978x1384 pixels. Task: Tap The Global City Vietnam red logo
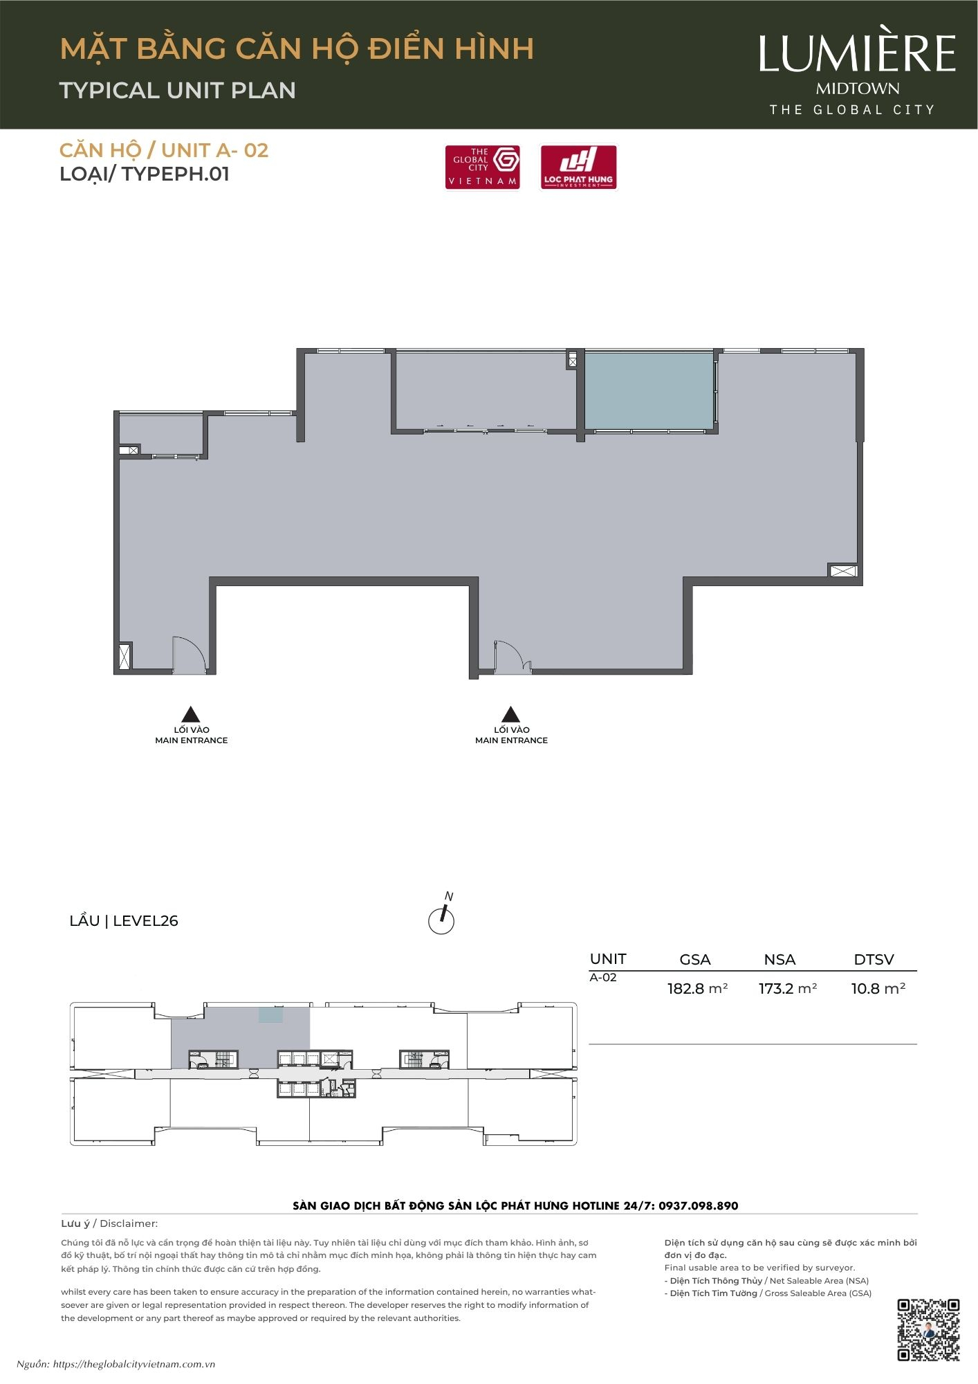(x=483, y=167)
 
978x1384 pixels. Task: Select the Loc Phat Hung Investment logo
(x=578, y=167)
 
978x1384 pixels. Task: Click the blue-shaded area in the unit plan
(x=649, y=391)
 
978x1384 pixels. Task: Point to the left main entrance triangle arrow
(x=190, y=715)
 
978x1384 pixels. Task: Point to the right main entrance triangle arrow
(x=510, y=715)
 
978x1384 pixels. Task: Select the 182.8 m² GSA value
(x=697, y=988)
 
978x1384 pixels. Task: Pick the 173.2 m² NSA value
(x=788, y=988)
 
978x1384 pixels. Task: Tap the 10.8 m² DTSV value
(x=878, y=988)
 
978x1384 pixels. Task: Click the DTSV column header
(x=874, y=959)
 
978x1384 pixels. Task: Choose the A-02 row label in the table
(x=603, y=977)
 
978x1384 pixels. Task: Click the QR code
(x=928, y=1330)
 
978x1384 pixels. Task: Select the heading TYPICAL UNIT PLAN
(x=178, y=90)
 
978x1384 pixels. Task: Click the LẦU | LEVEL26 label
(x=124, y=920)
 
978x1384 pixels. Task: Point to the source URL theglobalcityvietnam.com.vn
(x=134, y=1365)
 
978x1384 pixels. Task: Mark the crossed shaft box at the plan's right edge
(x=843, y=571)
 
